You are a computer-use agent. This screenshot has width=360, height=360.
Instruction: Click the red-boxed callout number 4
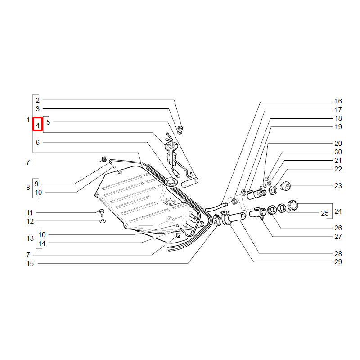tap(38, 126)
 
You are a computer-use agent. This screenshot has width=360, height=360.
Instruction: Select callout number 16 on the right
tap(338, 101)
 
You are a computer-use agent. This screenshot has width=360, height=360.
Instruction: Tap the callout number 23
tap(338, 185)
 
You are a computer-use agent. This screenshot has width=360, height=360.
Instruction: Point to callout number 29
tap(338, 262)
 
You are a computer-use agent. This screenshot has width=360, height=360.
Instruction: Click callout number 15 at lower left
tap(30, 264)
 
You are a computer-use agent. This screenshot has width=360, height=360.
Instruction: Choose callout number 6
tap(38, 142)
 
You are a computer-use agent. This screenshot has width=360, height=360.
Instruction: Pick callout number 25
tap(324, 213)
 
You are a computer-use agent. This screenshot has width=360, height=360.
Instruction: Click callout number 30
tap(338, 152)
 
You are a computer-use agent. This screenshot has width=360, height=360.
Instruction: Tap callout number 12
tap(30, 221)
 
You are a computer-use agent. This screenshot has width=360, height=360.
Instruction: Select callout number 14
tap(42, 243)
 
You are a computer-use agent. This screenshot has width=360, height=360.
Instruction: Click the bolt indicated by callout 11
tap(102, 213)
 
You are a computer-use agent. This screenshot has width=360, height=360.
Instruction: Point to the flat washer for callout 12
tap(103, 221)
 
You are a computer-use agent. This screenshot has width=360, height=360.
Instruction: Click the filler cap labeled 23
tap(285, 186)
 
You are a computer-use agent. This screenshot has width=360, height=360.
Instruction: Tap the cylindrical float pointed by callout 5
tap(190, 183)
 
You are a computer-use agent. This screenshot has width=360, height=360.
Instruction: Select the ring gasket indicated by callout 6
tap(171, 182)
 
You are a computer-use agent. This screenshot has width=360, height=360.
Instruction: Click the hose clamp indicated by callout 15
tap(217, 220)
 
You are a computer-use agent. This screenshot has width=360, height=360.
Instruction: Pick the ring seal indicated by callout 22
tap(273, 190)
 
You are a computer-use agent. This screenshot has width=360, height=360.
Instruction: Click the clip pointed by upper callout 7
tap(104, 159)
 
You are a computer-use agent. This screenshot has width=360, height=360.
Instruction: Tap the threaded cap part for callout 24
tap(293, 205)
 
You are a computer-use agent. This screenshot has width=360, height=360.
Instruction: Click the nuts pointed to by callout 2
tap(180, 130)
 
